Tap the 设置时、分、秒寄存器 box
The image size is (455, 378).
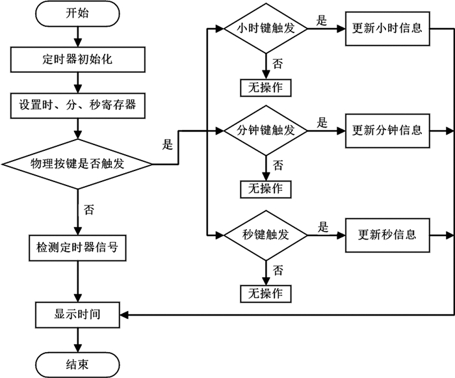pyautogui.click(x=77, y=103)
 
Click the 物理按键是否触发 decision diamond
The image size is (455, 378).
pyautogui.click(x=77, y=163)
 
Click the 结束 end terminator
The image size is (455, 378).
pyautogui.click(x=77, y=363)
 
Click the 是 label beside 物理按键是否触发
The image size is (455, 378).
pyautogui.click(x=168, y=145)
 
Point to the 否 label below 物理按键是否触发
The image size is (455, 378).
pyautogui.click(x=89, y=209)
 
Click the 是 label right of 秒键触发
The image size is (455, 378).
pyautogui.click(x=322, y=226)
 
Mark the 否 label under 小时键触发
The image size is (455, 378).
pyautogui.click(x=278, y=63)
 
